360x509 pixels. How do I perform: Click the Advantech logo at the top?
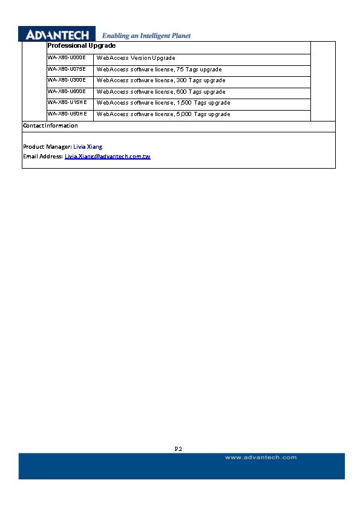pyautogui.click(x=57, y=34)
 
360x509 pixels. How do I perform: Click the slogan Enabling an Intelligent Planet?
pyautogui.click(x=146, y=36)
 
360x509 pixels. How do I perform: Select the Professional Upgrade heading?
pyautogui.click(x=81, y=46)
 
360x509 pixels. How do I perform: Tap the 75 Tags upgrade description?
pyautogui.click(x=159, y=70)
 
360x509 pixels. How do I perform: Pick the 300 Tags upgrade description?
pyautogui.click(x=161, y=80)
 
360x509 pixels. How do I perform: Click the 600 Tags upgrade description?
pyautogui.click(x=161, y=92)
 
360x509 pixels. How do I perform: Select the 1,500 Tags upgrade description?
pyautogui.click(x=163, y=103)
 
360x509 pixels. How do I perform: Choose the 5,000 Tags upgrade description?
pyautogui.click(x=163, y=114)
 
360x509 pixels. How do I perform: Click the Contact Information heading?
pyautogui.click(x=50, y=126)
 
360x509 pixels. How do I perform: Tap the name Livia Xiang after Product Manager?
pyautogui.click(x=88, y=147)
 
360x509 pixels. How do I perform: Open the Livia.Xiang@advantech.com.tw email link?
pyautogui.click(x=107, y=157)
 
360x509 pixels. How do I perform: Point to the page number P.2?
pyautogui.click(x=178, y=449)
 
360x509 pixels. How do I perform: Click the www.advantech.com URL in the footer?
pyautogui.click(x=261, y=458)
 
